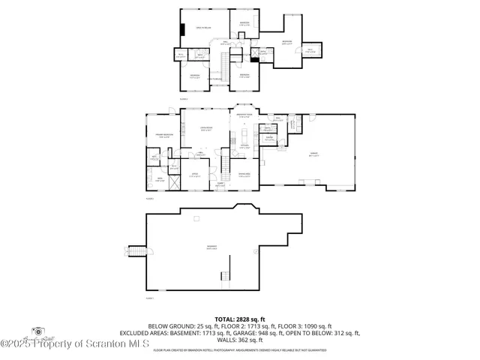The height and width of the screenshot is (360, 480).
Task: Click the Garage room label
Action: [x=313, y=155]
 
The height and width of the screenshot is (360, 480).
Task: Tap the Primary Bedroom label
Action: [x=165, y=136]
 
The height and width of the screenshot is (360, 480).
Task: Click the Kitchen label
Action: [x=244, y=148]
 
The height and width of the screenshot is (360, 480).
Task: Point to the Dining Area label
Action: [x=244, y=175]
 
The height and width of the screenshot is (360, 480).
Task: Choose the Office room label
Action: [x=193, y=175]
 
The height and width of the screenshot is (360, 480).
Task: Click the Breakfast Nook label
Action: [x=244, y=115]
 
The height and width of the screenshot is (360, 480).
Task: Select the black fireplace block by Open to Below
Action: [x=181, y=30]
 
